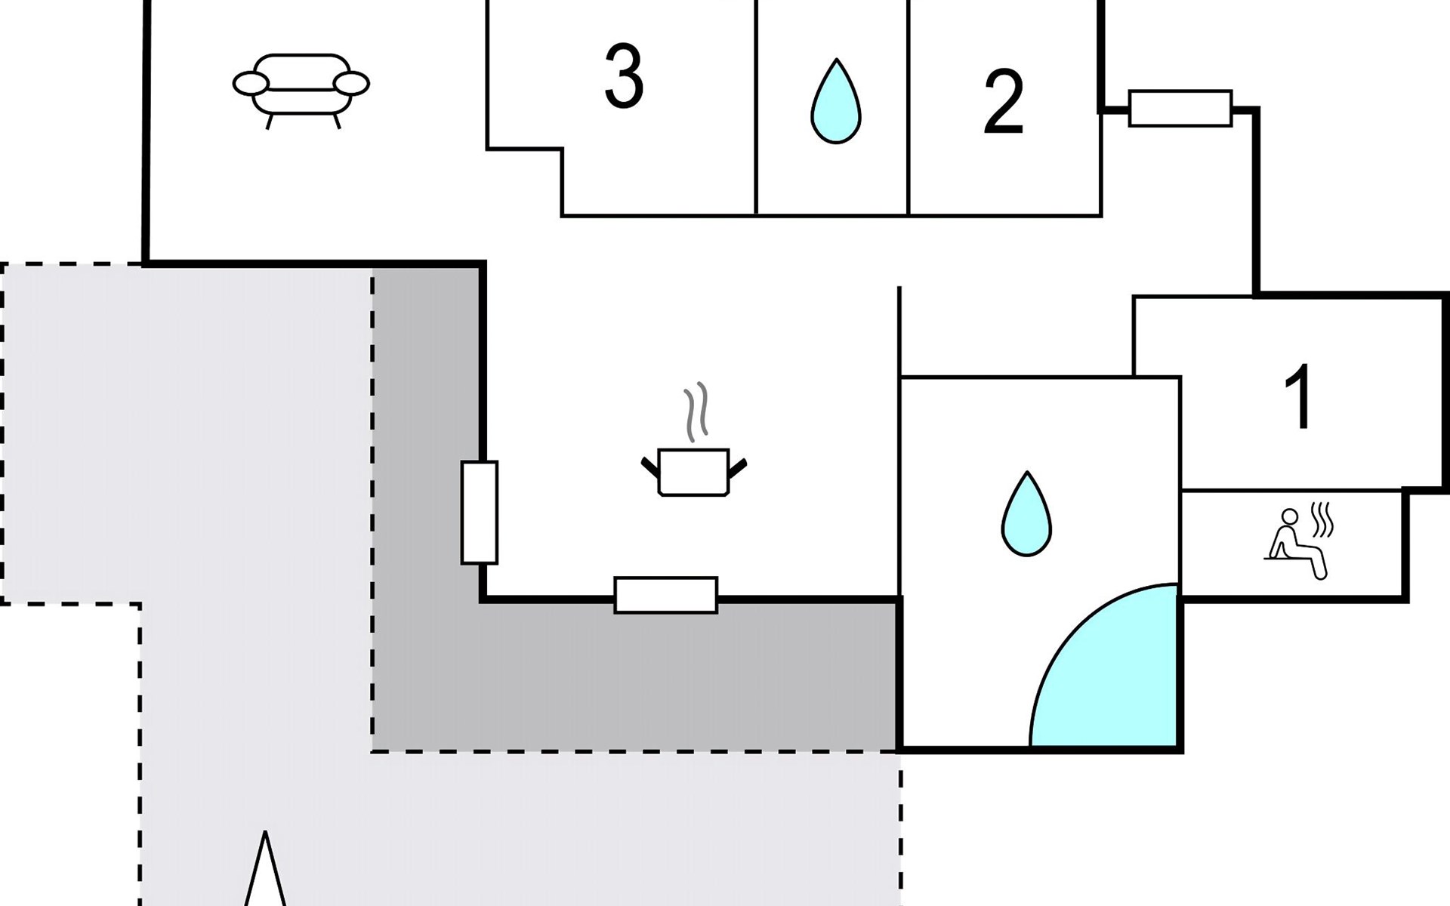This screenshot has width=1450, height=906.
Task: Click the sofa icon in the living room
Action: [301, 88]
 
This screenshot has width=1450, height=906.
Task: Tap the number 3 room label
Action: [624, 75]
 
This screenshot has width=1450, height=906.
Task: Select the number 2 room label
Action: [1004, 102]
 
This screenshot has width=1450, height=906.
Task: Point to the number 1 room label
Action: [1300, 396]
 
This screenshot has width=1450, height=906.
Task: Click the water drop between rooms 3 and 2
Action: [836, 102]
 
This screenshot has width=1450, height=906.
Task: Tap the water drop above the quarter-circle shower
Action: [1026, 515]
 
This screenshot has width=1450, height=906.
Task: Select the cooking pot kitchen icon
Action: [693, 472]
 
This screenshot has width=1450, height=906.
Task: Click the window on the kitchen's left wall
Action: [480, 513]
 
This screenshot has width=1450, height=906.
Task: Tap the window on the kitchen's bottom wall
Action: [665, 595]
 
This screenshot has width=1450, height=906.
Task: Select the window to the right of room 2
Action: [1180, 108]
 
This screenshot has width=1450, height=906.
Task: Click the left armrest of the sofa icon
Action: [250, 83]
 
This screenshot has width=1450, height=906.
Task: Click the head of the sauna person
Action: [1290, 516]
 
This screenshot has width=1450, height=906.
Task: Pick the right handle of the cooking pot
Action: [738, 467]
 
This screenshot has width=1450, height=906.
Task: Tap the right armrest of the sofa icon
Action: [351, 83]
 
